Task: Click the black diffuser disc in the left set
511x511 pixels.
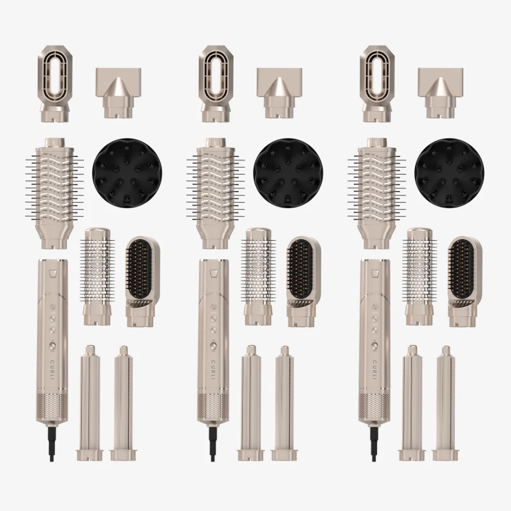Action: pos(127,173)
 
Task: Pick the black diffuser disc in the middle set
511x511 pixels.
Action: pos(288,173)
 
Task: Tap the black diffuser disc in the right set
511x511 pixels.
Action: pos(449,173)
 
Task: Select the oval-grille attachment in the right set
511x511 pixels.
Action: pos(378,84)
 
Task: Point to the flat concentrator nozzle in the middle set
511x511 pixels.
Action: pos(280,93)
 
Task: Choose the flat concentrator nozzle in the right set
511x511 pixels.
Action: pos(440,93)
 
